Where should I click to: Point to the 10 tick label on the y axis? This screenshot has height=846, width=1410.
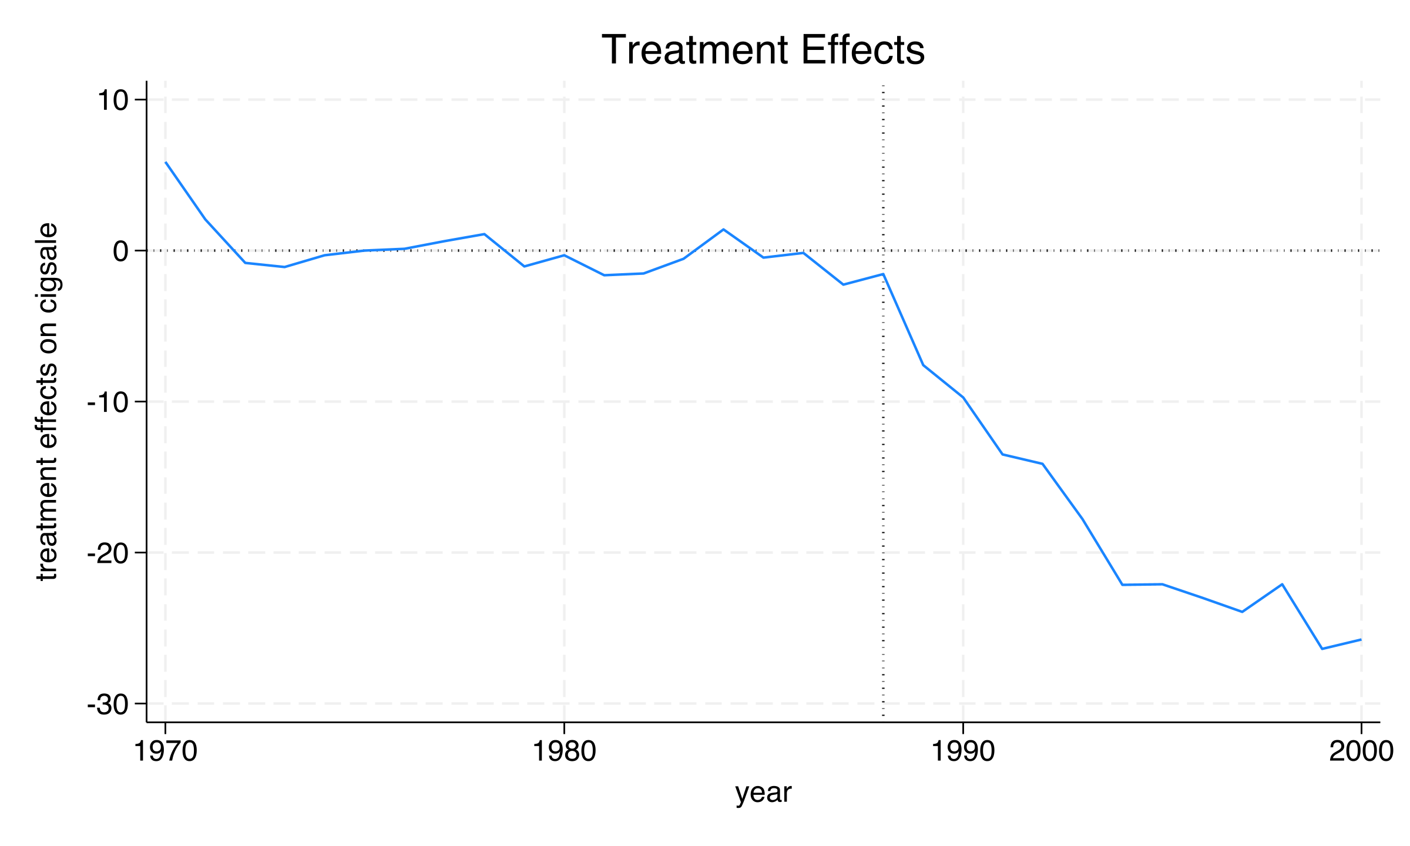click(x=112, y=101)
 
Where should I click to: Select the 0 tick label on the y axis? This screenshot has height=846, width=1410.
click(x=120, y=251)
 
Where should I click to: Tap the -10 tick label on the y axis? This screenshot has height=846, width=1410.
click(x=108, y=403)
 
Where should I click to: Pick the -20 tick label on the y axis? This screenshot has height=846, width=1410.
click(x=108, y=554)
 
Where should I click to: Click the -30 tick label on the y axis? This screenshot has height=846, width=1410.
click(x=108, y=705)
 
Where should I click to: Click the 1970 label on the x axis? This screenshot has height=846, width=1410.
click(x=166, y=752)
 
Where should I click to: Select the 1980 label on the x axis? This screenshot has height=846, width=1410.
click(x=564, y=752)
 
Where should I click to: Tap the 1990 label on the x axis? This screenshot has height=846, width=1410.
click(x=963, y=752)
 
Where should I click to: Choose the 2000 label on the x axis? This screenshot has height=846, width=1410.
click(x=1361, y=752)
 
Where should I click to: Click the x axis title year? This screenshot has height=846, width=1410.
click(x=763, y=793)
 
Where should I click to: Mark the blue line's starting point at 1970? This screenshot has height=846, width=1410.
click(x=166, y=162)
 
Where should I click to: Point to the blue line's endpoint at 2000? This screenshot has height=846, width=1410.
click(x=1361, y=639)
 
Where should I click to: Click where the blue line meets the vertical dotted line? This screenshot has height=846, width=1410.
click(x=883, y=274)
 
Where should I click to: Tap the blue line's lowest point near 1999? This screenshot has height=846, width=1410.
click(x=1322, y=649)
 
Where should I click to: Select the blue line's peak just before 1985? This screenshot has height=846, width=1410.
click(x=724, y=229)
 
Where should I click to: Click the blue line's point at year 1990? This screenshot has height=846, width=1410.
click(x=963, y=398)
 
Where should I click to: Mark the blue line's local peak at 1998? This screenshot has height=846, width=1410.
click(x=1282, y=584)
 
